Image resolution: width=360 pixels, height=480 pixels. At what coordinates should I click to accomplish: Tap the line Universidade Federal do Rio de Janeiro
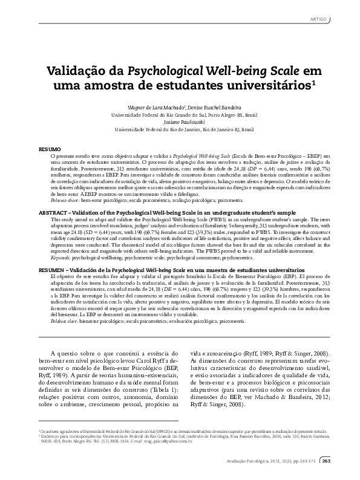click(180, 129)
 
